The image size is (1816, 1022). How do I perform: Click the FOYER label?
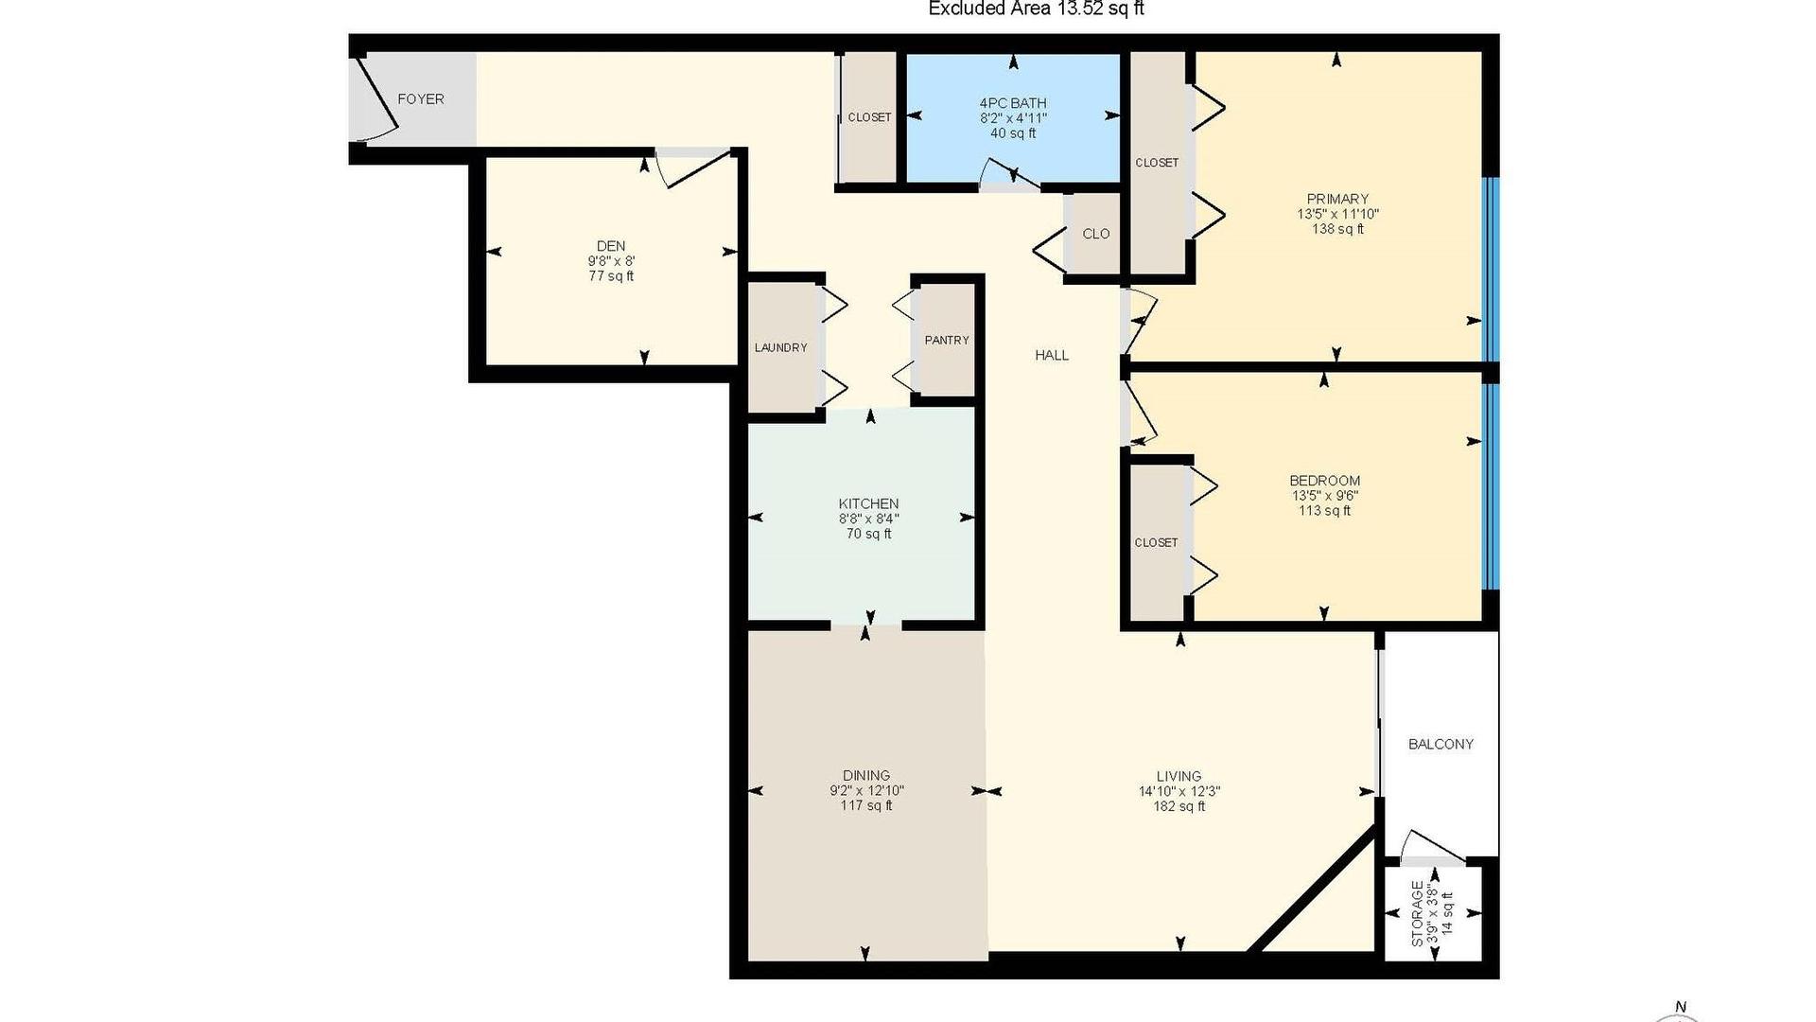(x=420, y=99)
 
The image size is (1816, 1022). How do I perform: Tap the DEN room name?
(x=611, y=246)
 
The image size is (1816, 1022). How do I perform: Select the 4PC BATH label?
(x=1013, y=103)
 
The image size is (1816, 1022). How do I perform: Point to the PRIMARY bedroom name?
(x=1337, y=199)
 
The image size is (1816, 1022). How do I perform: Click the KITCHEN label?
(x=868, y=503)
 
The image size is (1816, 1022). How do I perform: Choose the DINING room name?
(x=866, y=776)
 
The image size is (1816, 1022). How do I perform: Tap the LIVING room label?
(x=1179, y=776)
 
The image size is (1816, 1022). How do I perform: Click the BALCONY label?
(x=1441, y=744)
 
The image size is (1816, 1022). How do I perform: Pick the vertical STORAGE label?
(x=1417, y=914)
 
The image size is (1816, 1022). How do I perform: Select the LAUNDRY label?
(x=780, y=347)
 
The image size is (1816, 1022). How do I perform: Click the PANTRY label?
(x=947, y=340)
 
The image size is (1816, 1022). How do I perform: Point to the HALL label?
(x=1052, y=355)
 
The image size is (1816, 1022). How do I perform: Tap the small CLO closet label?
(x=1096, y=234)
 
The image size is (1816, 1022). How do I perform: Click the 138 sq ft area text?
(x=1337, y=229)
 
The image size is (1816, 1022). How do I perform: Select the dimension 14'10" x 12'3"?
(x=1179, y=791)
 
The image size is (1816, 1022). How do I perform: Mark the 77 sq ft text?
(x=611, y=276)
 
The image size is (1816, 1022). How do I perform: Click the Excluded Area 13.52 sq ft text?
(x=1037, y=9)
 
